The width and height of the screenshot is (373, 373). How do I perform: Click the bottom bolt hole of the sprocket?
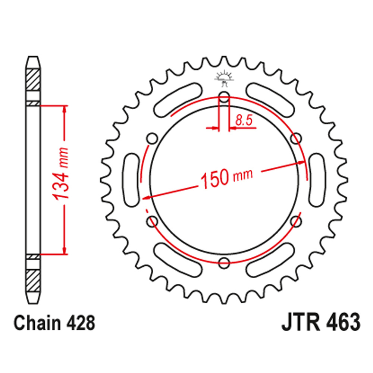click(224, 263)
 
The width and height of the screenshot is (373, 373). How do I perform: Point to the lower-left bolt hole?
click(153, 222)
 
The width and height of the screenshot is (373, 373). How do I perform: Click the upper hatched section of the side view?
click(33, 79)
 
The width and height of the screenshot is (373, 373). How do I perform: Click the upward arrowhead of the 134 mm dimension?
click(65, 109)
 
